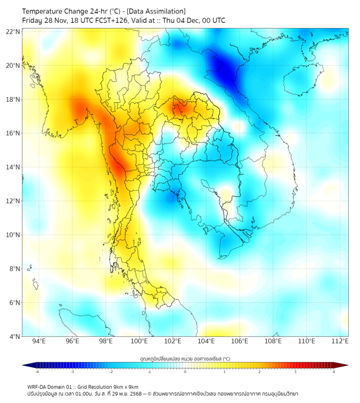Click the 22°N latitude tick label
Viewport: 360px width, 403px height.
(13, 32)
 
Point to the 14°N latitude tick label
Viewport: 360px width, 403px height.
(13, 167)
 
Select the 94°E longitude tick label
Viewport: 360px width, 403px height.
(39, 341)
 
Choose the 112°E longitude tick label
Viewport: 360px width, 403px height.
(340, 341)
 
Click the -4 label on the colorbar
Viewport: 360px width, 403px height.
(36, 372)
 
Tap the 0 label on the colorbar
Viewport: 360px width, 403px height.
(185, 372)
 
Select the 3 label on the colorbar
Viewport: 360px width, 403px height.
(297, 372)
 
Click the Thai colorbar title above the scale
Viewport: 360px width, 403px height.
(185, 358)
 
